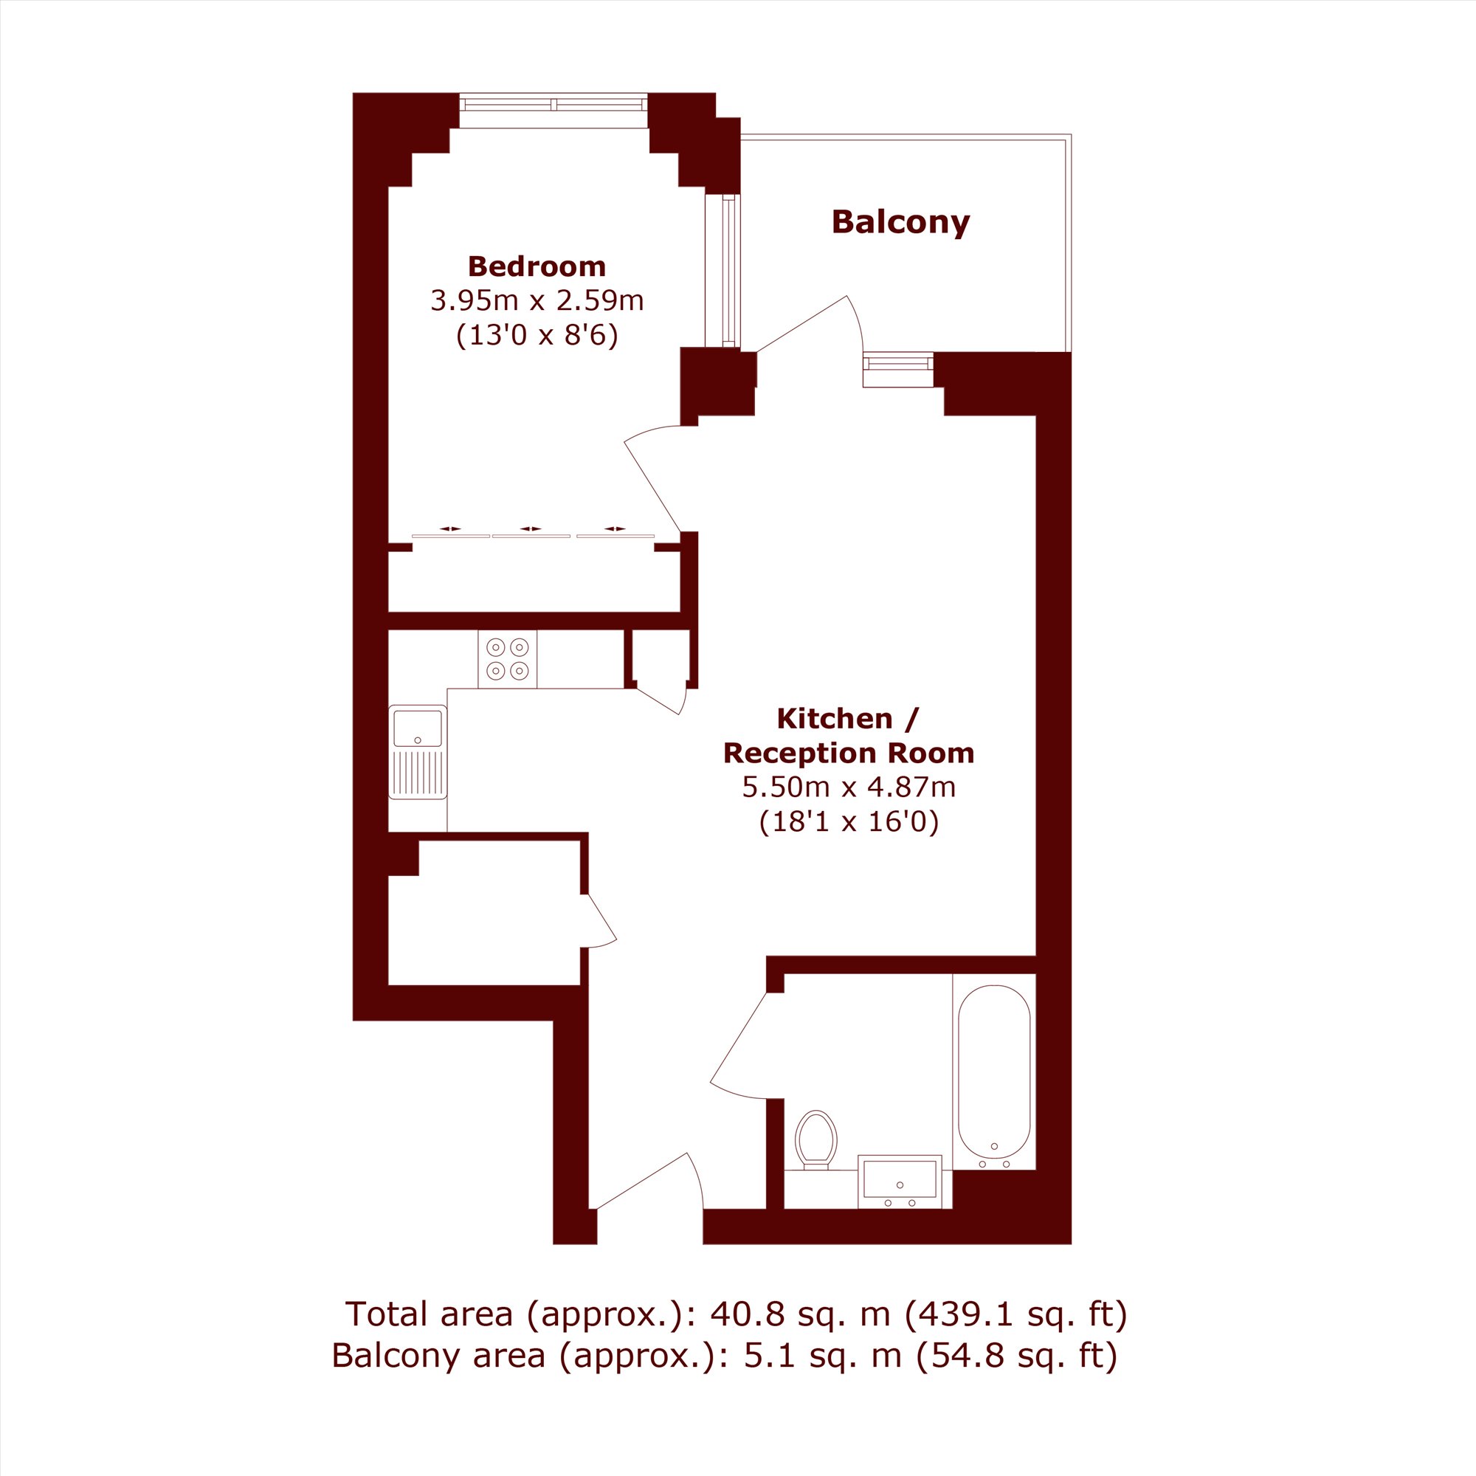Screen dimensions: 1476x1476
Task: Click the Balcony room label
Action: click(900, 222)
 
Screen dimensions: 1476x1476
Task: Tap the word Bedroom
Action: click(537, 266)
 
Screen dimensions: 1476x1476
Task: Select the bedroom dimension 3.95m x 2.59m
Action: click(537, 300)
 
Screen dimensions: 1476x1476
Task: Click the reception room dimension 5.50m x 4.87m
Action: click(848, 787)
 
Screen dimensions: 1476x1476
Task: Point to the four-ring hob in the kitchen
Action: click(508, 658)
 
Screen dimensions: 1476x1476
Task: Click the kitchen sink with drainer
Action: click(418, 752)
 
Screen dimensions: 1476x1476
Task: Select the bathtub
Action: click(994, 1072)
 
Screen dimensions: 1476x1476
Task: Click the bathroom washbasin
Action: click(900, 1180)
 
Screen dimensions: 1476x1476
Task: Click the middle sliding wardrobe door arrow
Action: click(530, 528)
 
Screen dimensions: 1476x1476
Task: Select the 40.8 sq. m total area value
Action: click(801, 1314)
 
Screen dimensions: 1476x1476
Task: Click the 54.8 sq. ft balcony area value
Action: click(1016, 1355)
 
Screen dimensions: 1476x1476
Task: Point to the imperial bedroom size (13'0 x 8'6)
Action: click(537, 335)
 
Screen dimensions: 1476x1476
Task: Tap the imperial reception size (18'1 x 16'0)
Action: click(848, 822)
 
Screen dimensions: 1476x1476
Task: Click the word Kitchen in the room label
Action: click(834, 719)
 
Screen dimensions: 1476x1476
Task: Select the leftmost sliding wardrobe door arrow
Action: click(451, 528)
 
